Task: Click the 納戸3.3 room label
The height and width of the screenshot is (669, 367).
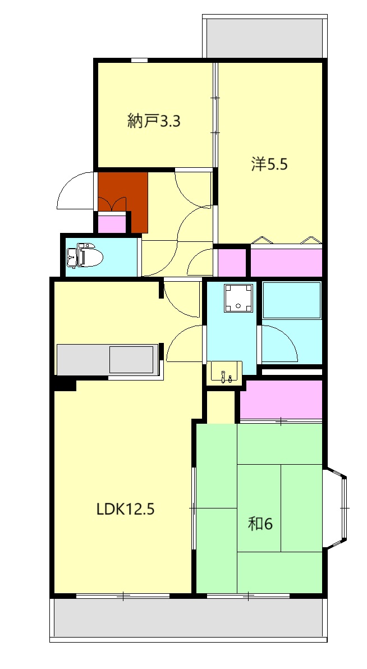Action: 154,122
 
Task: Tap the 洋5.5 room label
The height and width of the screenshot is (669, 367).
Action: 269,164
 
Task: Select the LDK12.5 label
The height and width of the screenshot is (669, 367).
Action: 125,509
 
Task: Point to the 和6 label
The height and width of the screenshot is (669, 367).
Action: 260,524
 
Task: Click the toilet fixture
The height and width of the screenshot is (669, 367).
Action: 85,256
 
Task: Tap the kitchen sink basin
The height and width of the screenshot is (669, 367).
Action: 131,360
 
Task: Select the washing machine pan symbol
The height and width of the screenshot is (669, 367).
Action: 238,298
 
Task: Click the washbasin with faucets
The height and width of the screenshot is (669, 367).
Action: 224,373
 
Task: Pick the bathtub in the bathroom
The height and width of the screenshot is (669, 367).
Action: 291,300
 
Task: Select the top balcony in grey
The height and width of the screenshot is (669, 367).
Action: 264,38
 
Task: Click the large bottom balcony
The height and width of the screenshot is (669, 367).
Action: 188,618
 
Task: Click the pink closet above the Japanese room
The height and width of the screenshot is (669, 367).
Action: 281,400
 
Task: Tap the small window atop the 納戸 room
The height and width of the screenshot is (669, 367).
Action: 139,60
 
